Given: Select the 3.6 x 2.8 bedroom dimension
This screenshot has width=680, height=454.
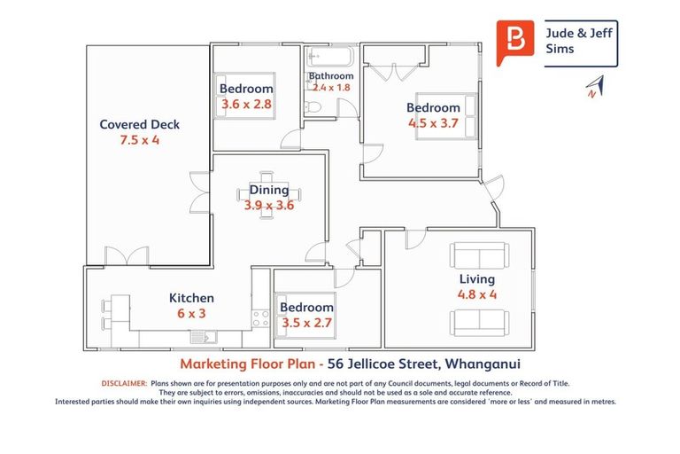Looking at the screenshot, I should pyautogui.click(x=246, y=105).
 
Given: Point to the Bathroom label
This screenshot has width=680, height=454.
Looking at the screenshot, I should pyautogui.click(x=331, y=76).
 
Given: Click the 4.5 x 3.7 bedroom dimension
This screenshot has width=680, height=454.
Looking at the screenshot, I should pyautogui.click(x=433, y=123).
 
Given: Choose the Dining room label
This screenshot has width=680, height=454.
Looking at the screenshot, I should pyautogui.click(x=269, y=190).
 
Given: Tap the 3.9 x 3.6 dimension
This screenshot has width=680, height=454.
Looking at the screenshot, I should pyautogui.click(x=269, y=205).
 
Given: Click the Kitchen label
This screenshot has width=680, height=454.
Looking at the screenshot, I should pyautogui.click(x=191, y=298).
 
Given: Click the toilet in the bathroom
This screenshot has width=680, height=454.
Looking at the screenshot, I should pyautogui.click(x=314, y=107).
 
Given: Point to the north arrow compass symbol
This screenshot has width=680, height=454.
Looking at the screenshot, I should pyautogui.click(x=593, y=87).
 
